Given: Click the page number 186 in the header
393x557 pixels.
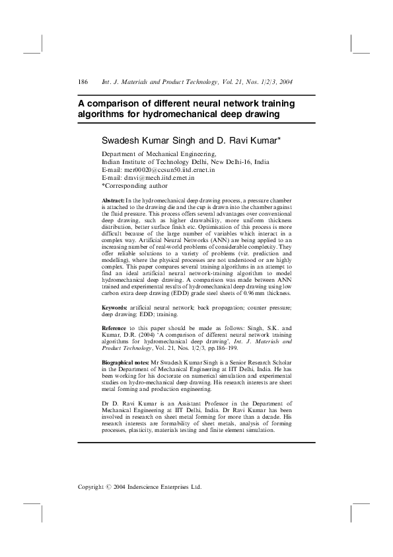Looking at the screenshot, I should pyautogui.click(x=83, y=81).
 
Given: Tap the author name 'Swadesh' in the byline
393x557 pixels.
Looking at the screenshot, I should pyautogui.click(x=120, y=141).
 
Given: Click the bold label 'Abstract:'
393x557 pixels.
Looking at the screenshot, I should pyautogui.click(x=113, y=200).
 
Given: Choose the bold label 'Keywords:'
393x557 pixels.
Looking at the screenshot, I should pyautogui.click(x=114, y=308).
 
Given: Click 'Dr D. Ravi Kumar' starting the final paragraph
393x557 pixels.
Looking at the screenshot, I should pyautogui.click(x=128, y=402).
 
